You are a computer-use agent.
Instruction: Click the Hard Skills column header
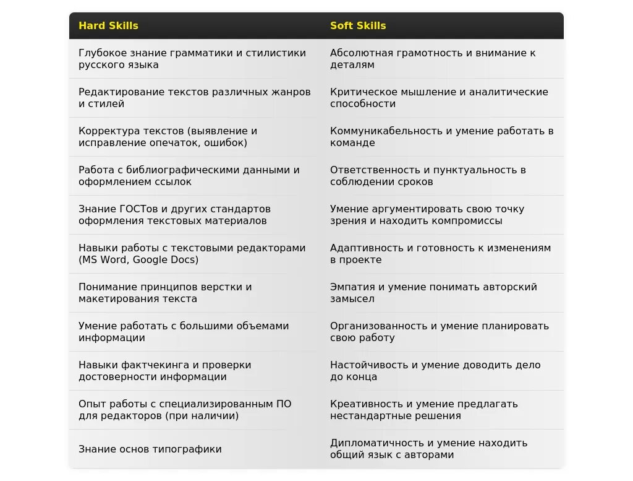(108, 26)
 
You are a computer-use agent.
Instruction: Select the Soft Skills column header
(358, 26)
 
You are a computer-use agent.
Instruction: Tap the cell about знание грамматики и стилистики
(192, 59)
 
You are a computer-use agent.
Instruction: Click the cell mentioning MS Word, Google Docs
(192, 254)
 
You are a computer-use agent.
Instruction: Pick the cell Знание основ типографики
(150, 449)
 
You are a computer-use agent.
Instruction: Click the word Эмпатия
(350, 287)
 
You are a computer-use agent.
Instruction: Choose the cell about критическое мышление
(439, 98)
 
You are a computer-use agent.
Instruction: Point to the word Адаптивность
(367, 248)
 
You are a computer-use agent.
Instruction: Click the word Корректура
(109, 131)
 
